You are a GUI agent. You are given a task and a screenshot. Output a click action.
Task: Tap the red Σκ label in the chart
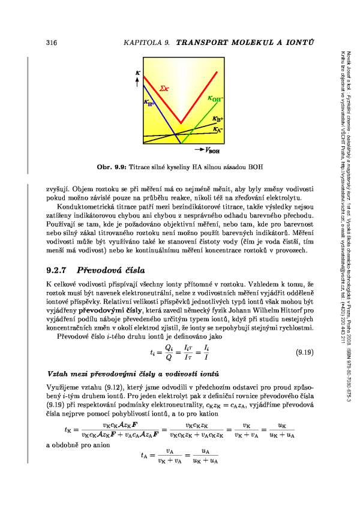click(163, 89)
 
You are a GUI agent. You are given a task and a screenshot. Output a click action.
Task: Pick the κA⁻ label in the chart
click(218, 128)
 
